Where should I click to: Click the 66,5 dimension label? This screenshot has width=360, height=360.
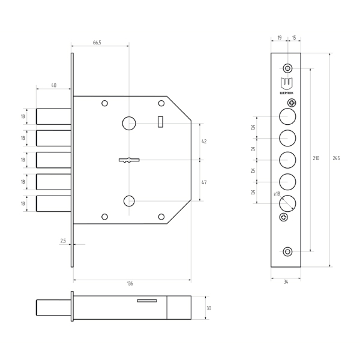(x=97, y=43)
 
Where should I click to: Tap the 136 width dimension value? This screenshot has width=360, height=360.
(x=130, y=284)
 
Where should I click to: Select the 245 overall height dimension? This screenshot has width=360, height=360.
(x=336, y=158)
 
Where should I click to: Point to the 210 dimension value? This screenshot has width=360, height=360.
(x=316, y=158)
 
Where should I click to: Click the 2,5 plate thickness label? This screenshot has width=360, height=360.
(x=63, y=241)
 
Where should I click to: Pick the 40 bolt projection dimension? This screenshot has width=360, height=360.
(x=54, y=85)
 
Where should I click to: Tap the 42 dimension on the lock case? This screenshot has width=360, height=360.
(x=204, y=142)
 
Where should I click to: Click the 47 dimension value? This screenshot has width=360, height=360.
(x=204, y=182)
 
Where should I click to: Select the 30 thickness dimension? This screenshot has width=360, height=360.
(x=209, y=308)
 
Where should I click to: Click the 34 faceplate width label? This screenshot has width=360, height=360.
(x=286, y=282)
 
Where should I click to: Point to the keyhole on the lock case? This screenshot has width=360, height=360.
(x=129, y=160)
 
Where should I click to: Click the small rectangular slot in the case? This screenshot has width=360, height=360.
(x=160, y=122)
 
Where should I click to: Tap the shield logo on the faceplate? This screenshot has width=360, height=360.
(x=287, y=84)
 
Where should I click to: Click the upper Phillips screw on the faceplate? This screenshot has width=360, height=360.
(x=292, y=103)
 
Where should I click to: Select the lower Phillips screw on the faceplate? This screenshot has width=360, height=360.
(x=284, y=217)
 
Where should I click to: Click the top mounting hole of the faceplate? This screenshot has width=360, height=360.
(x=287, y=68)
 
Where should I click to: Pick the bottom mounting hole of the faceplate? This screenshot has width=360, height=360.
(x=287, y=251)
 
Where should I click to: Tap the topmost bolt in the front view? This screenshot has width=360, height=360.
(x=54, y=116)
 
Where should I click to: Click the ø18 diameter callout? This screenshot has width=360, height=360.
(x=277, y=194)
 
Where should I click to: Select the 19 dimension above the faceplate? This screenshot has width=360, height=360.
(x=280, y=38)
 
